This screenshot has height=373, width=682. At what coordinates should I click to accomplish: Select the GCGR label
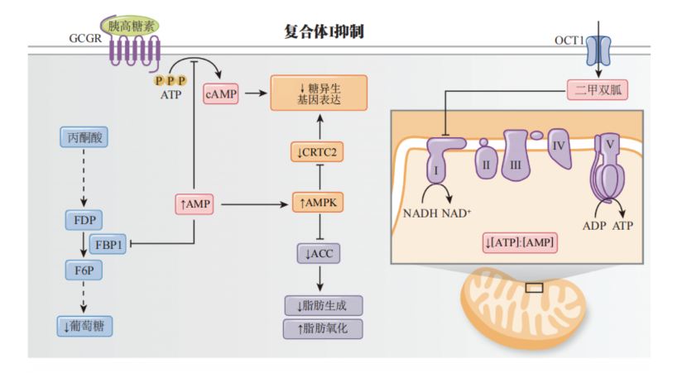click(85, 38)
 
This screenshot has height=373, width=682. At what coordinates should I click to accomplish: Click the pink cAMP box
click(221, 94)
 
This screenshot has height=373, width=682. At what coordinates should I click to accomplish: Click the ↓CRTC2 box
click(318, 152)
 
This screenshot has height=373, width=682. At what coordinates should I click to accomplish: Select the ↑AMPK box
click(318, 203)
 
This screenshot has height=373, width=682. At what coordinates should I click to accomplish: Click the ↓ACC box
click(318, 253)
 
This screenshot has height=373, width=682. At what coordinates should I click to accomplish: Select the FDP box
click(83, 220)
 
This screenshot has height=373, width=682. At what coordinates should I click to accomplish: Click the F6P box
click(83, 269)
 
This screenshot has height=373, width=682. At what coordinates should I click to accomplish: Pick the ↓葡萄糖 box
click(85, 326)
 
